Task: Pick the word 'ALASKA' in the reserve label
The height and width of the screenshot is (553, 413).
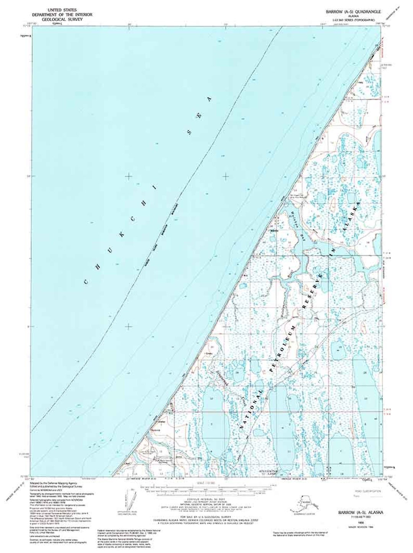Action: pos(351,216)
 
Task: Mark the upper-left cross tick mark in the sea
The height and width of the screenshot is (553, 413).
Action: pos(128,176)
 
